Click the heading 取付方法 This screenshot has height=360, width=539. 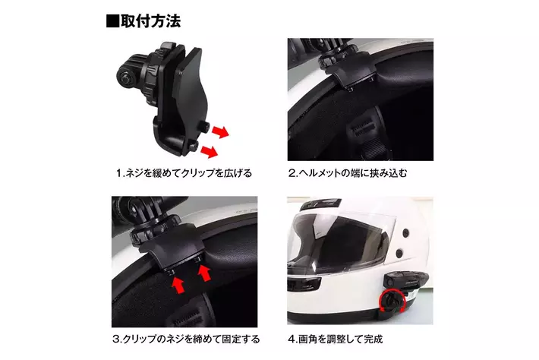click(150, 21)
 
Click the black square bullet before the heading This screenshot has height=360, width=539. click(112, 21)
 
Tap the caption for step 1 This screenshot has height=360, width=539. click(184, 173)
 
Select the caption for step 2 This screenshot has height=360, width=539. click(348, 173)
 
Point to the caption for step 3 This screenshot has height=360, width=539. click(186, 339)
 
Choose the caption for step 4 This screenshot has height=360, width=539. click(335, 339)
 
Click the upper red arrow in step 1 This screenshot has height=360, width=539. click(220, 131)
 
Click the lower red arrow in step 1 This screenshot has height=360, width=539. click(210, 151)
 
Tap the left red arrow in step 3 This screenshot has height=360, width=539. click(178, 285)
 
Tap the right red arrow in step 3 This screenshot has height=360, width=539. click(204, 273)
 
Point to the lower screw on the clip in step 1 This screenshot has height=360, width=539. click(194, 146)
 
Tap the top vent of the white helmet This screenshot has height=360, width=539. click(320, 204)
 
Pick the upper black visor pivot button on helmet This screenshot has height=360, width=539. click(405, 232)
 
